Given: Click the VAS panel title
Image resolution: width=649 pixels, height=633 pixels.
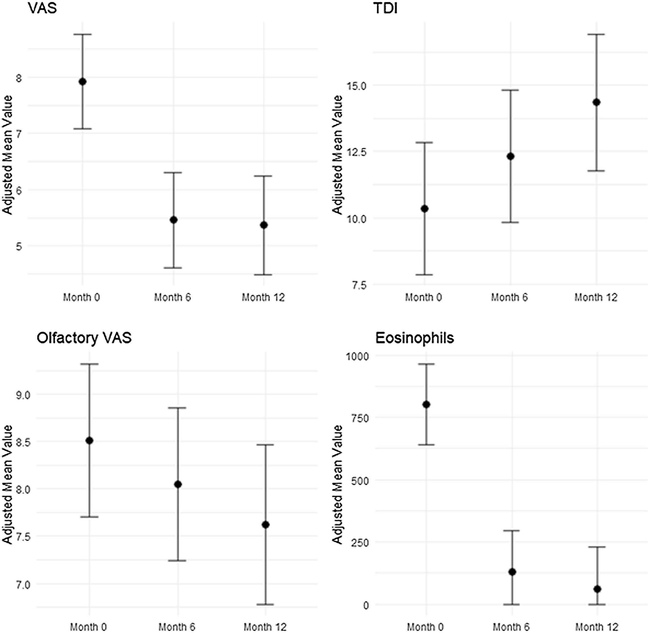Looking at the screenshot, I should coord(42,8).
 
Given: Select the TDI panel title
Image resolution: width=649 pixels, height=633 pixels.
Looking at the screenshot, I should coord(386,8).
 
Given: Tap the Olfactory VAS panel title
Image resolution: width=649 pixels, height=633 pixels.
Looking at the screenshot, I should coord(84,338).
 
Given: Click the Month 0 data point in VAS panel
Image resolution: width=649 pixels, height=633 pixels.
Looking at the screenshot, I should coord(82,82).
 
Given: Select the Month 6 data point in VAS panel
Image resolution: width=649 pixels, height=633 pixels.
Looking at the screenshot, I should coord(173,220).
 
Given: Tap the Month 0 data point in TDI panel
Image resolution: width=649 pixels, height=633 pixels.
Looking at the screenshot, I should coord(424,209).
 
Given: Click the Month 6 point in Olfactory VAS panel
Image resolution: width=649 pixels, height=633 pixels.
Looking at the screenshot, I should coord(178,484).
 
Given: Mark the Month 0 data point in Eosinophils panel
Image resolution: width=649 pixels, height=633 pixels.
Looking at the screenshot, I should coord(426,405).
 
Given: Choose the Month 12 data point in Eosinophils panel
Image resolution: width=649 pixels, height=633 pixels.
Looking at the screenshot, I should coord(597,589).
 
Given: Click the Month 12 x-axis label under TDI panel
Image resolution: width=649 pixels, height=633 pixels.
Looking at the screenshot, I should coord(595,297).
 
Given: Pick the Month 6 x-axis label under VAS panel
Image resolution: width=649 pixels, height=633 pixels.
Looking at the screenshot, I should coord(172,297).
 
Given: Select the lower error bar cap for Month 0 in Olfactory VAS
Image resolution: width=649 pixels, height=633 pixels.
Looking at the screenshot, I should coord(89,517).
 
